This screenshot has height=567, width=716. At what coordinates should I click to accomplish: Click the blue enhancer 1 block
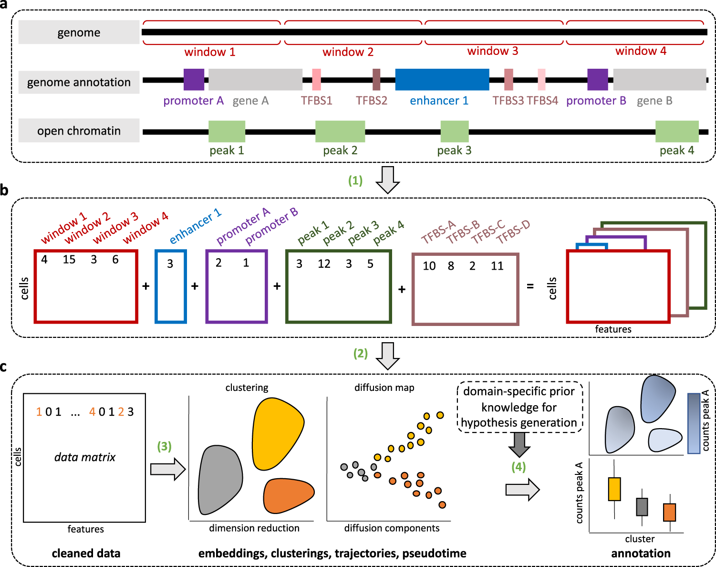point(442,80)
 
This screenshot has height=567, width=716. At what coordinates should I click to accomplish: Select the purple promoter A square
point(194,80)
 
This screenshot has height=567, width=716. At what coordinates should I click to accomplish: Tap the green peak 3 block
point(454,131)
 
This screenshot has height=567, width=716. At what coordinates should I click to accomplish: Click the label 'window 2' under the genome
point(348,52)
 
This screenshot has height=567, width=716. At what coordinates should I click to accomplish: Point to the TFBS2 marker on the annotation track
point(376,80)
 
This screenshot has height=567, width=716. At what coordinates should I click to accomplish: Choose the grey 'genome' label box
point(79,32)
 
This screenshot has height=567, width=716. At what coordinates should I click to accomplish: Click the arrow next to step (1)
point(387,180)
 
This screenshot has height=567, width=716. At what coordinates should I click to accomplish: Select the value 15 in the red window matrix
point(69,260)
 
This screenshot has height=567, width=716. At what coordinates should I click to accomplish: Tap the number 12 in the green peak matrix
point(324,264)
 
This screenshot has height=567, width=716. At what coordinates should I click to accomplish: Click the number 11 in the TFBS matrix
point(497,266)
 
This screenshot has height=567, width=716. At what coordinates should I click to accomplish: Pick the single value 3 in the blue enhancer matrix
point(170,264)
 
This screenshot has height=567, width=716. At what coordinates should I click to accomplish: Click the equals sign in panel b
point(530,286)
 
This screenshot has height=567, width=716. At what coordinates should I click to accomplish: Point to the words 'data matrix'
point(85,457)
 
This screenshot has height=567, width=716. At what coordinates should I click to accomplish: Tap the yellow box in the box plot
point(614,489)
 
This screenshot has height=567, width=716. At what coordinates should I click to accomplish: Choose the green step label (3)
point(164,446)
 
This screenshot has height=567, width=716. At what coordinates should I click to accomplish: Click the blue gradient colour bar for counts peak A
point(694,423)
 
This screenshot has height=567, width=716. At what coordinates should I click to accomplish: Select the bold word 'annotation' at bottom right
point(641,554)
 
